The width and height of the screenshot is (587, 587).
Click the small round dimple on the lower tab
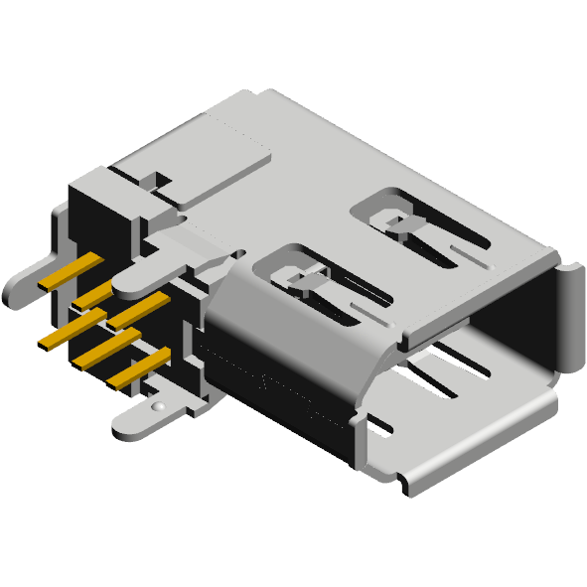[157, 406]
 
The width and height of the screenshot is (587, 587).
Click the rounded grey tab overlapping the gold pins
[149, 272]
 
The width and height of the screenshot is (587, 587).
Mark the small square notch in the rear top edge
[155, 181]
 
